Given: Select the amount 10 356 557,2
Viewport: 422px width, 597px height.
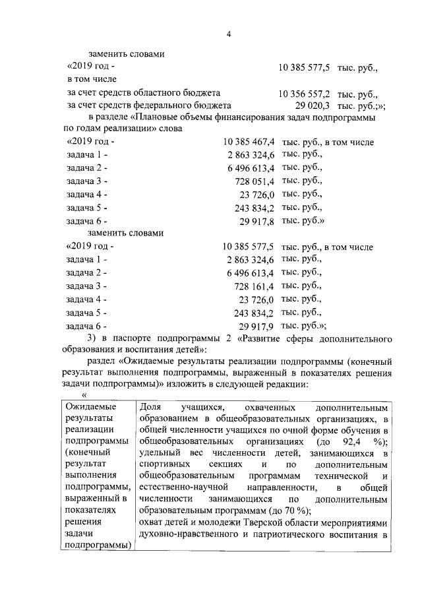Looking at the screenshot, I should pyautogui.click(x=305, y=94).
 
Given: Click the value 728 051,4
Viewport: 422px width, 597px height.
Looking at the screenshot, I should pyautogui.click(x=255, y=181).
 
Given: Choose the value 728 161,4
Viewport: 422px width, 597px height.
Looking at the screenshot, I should pyautogui.click(x=255, y=286).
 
